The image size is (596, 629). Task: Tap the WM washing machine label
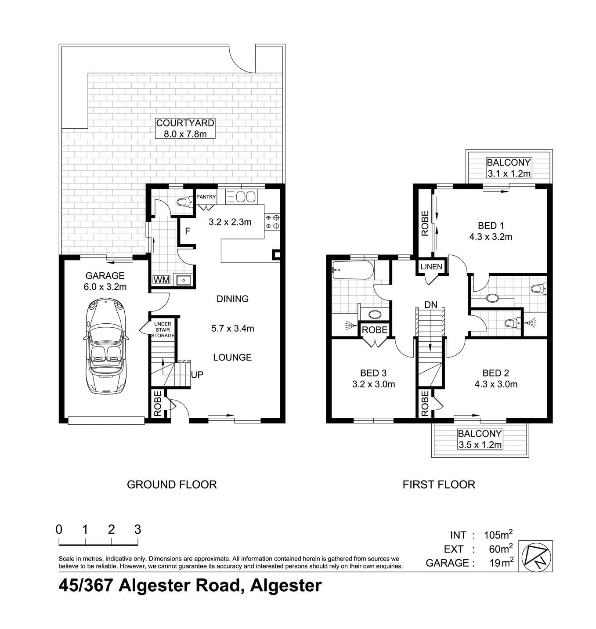pyautogui.click(x=161, y=280)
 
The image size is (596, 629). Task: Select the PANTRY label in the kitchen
pyautogui.click(x=206, y=197)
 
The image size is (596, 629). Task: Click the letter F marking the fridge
pyautogui.click(x=188, y=231)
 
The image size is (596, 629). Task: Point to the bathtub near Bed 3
pyautogui.click(x=352, y=270)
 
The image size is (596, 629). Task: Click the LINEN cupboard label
pyautogui.click(x=431, y=267)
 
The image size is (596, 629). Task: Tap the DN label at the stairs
pyautogui.click(x=430, y=305)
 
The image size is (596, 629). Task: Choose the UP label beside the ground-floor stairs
pyautogui.click(x=197, y=375)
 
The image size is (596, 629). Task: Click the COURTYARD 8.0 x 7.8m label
pyautogui.click(x=185, y=128)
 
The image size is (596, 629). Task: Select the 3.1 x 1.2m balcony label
pyautogui.click(x=508, y=168)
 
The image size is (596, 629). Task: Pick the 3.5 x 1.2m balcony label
pyautogui.click(x=480, y=439)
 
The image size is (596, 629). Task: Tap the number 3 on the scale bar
pyautogui.click(x=137, y=529)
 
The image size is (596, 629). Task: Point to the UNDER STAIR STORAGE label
pyautogui.click(x=163, y=330)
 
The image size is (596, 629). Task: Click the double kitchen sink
pyautogui.click(x=246, y=196)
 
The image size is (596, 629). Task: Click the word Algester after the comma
pyautogui.click(x=285, y=586)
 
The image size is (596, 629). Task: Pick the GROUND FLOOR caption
pyautogui.click(x=172, y=484)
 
